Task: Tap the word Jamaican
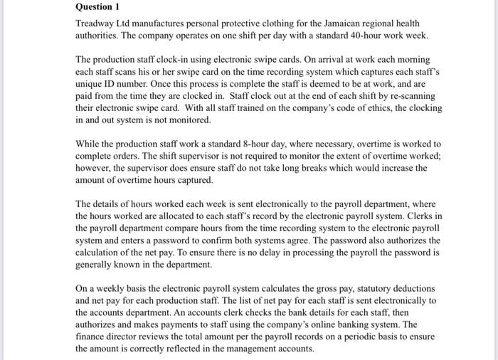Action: coord(344,23)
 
